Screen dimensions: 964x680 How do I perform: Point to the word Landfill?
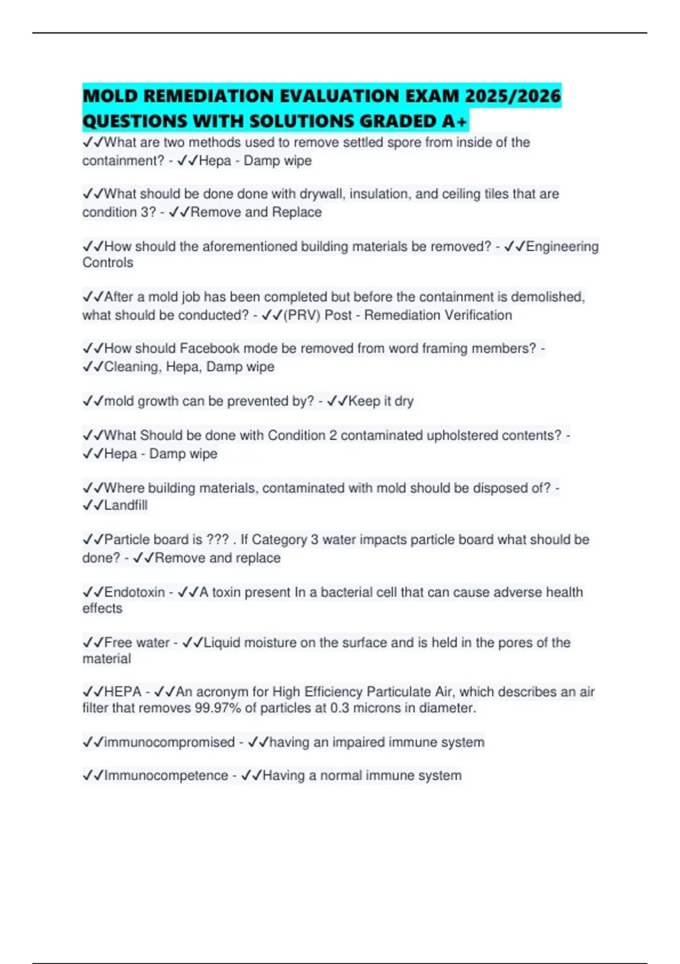click(x=126, y=505)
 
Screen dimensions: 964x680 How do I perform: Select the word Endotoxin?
click(x=135, y=592)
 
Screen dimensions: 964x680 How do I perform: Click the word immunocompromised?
click(x=169, y=742)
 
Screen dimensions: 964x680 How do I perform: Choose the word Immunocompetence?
click(x=166, y=775)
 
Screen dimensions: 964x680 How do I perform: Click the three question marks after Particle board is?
click(x=218, y=539)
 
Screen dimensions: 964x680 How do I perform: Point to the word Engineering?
click(x=562, y=247)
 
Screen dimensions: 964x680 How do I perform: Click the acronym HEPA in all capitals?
click(x=123, y=692)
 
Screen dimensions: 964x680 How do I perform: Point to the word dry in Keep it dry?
click(x=404, y=401)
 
